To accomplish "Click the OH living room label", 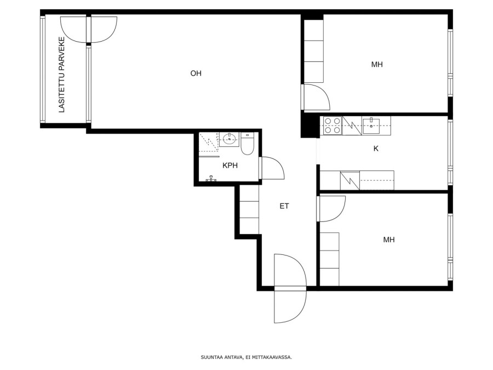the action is pos(196,73).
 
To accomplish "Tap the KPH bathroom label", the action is pos(230,166).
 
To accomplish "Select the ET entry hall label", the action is pos(284,206).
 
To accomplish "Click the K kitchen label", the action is pos(376,149).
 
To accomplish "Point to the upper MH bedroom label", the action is pos(377,65).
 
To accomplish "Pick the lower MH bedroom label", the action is pos(388,240).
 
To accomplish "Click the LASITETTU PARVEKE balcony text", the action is pos(62,75).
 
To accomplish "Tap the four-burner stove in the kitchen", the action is pos(333,126).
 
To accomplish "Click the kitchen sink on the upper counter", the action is pos(371,126).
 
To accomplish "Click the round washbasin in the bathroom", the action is pos(230,139).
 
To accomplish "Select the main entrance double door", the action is pos(290,288).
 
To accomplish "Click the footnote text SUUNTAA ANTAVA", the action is pos(222,357).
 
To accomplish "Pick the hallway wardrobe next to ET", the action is pos(249,209).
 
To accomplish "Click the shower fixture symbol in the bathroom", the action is pos(211,178).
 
